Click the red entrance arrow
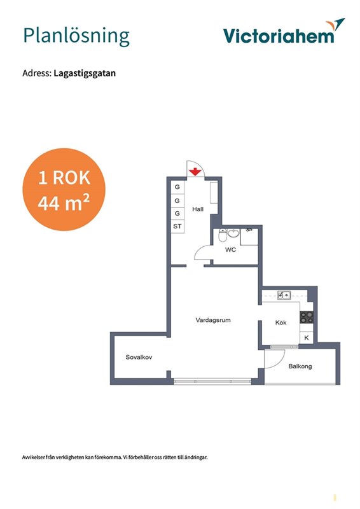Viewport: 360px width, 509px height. pos(195,172)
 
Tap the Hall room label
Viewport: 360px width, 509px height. pos(198,209)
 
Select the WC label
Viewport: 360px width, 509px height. pos(230,250)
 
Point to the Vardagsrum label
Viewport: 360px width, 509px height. pos(213,320)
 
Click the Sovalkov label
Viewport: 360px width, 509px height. pos(139,357)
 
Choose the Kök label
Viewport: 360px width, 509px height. pos(280,323)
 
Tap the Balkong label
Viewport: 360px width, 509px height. pos(300,366)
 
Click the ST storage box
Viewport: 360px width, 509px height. pos(177,227)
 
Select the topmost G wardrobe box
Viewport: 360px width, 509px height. pos(177,187)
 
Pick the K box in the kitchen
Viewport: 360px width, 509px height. pos(307,338)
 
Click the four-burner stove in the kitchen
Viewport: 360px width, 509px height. pos(307,317)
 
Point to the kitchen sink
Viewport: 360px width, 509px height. pos(284,295)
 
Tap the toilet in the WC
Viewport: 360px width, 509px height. pos(223,235)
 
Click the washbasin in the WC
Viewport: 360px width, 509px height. pos(233,233)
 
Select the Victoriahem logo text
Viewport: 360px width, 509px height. pos(279,36)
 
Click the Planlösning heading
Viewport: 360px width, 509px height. pos(76,36)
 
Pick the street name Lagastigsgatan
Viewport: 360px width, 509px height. pos(85,73)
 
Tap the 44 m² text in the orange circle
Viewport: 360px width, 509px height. pos(64,203)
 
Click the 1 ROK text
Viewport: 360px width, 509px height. pos(64,178)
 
